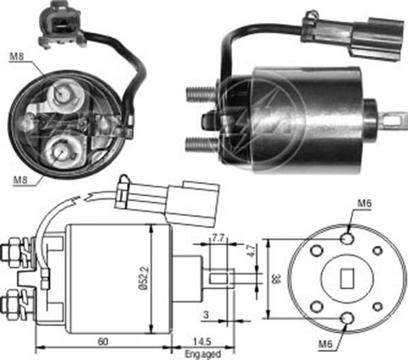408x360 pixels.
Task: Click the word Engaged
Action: [202, 353]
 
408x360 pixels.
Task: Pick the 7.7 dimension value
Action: [218, 238]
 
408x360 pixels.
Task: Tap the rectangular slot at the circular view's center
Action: [346, 277]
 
